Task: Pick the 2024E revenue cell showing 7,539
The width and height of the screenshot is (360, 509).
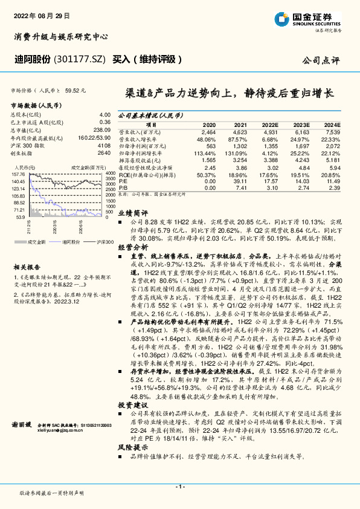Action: click(332, 131)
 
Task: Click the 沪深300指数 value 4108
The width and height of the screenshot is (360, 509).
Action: click(104, 146)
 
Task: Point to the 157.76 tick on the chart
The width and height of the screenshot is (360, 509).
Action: click(19, 173)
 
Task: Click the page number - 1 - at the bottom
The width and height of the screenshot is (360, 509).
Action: click(179, 485)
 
